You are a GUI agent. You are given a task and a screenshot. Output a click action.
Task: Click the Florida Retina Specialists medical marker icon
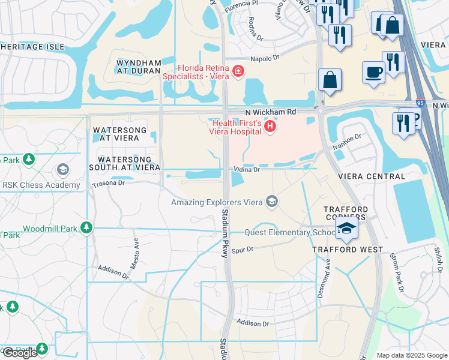[238, 72]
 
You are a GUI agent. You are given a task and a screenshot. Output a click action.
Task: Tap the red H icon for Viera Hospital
[270, 126]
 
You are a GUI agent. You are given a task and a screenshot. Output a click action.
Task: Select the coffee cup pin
[373, 73]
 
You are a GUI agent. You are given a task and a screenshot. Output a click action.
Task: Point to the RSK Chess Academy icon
[62, 170]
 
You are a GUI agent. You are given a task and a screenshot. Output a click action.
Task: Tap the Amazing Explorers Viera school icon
[273, 202]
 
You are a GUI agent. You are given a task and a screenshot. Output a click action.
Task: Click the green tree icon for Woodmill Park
[86, 228]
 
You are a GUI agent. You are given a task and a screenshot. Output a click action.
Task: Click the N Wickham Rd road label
[271, 112]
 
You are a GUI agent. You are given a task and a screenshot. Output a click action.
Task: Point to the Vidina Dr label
[247, 170]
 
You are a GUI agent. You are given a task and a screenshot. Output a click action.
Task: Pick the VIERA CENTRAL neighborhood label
[371, 176]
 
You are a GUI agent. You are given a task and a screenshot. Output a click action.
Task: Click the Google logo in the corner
[20, 353]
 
